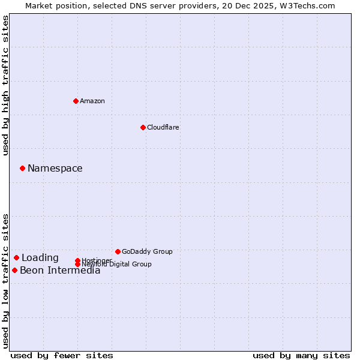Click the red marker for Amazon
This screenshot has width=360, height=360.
click(x=76, y=101)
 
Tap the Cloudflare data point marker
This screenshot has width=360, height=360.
click(x=143, y=127)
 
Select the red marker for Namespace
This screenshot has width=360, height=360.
click(x=22, y=169)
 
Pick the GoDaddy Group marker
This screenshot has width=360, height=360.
click(x=118, y=251)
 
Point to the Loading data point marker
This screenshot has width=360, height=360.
click(x=16, y=258)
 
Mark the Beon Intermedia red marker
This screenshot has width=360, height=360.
click(x=14, y=271)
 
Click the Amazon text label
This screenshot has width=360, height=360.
click(x=92, y=101)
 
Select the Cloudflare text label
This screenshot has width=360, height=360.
click(x=163, y=127)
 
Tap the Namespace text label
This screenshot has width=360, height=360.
click(x=55, y=169)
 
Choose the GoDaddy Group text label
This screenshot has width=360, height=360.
click(x=147, y=251)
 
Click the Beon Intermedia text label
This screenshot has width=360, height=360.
click(x=60, y=271)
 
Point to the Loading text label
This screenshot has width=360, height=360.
click(x=40, y=258)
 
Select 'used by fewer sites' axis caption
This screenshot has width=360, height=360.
click(x=62, y=355)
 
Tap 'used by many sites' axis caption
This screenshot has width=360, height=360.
click(x=301, y=355)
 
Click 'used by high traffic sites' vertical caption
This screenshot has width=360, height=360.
click(x=5, y=85)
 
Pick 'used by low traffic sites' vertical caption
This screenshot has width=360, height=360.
click(x=5, y=280)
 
